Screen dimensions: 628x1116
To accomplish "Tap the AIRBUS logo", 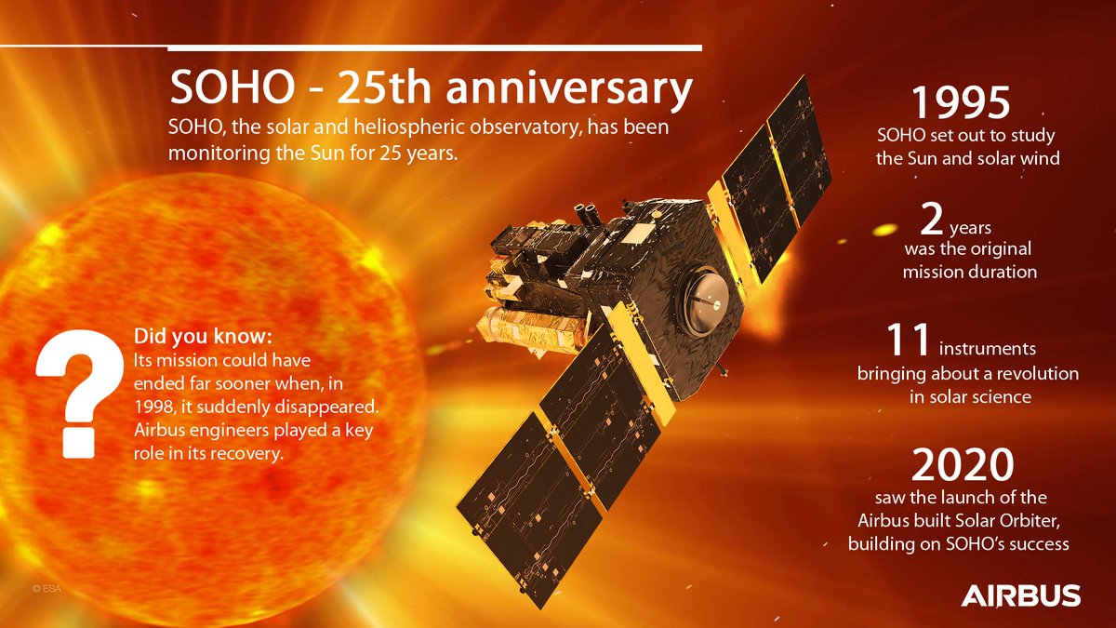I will tap(1020, 595).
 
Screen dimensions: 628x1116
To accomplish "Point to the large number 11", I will tap(908, 341).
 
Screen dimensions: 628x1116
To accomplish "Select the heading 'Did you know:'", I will tap(204, 335).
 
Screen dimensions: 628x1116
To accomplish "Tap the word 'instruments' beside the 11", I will tap(988, 350).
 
